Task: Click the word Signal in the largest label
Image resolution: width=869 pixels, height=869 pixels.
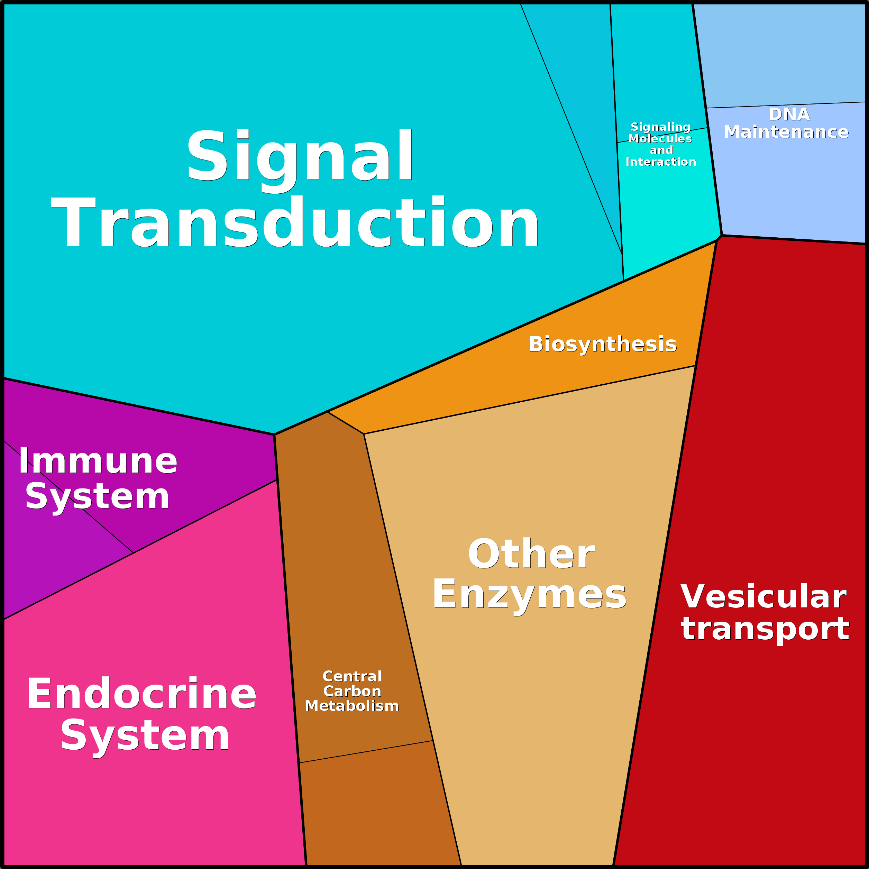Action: pyautogui.click(x=300, y=155)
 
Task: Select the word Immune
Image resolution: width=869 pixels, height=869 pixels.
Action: pyautogui.click(x=98, y=461)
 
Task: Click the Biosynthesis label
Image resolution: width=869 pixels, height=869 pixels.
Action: pyautogui.click(x=602, y=344)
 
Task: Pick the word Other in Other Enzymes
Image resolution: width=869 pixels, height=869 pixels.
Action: pyautogui.click(x=531, y=554)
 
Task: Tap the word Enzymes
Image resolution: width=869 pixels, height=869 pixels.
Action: pyautogui.click(x=529, y=594)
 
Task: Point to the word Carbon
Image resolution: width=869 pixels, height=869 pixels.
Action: pyautogui.click(x=352, y=691)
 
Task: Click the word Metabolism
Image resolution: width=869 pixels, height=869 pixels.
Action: pyautogui.click(x=352, y=706)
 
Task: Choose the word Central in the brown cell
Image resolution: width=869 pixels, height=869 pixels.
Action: pyautogui.click(x=352, y=677)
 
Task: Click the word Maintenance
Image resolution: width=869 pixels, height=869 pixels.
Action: pyautogui.click(x=786, y=132)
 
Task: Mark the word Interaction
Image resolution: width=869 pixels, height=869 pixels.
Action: pyautogui.click(x=661, y=162)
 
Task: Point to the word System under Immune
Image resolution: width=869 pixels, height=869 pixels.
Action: pyautogui.click(x=97, y=496)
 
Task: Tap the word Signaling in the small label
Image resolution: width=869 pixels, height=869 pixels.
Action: pyautogui.click(x=660, y=127)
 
